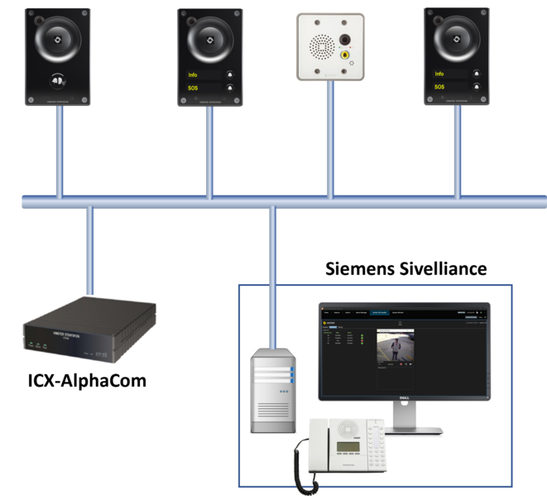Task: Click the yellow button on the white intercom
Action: (346, 55)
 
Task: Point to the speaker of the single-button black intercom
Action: (58, 39)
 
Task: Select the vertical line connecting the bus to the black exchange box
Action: (89, 248)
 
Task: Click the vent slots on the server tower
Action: (272, 410)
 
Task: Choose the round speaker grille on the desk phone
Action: (348, 427)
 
